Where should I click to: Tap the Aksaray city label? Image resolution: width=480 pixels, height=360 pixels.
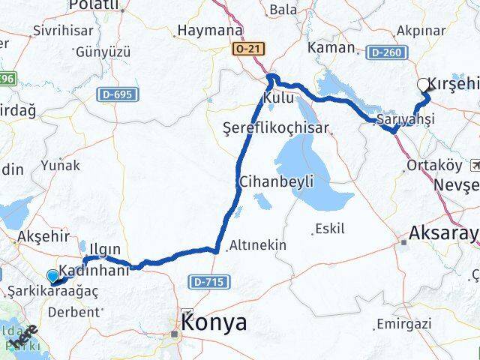pos(443,235)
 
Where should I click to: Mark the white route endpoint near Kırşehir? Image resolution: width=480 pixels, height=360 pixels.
pos(424,85)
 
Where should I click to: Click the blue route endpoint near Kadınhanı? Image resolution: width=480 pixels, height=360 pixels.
pos(52,275)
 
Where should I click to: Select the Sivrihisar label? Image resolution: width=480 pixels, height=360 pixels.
pos(59,31)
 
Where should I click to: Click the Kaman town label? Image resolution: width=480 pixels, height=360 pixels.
pos(334,47)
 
